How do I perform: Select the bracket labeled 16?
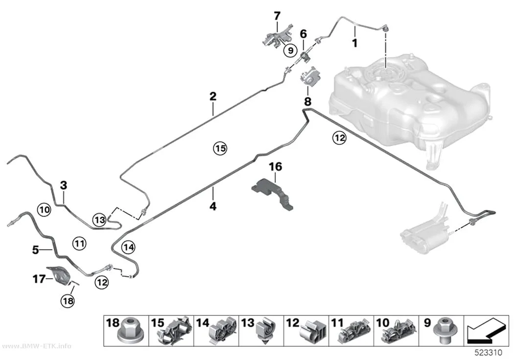(x=273, y=193)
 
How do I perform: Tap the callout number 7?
(x=278, y=16)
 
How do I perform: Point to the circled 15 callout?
(x=220, y=148)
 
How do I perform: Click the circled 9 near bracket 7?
(x=290, y=50)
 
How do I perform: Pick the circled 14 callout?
(x=128, y=247)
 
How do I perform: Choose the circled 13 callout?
(x=100, y=219)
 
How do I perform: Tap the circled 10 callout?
(x=44, y=210)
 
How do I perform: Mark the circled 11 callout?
(x=79, y=243)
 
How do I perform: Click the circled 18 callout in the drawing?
(x=68, y=301)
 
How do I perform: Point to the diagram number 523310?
(x=489, y=353)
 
